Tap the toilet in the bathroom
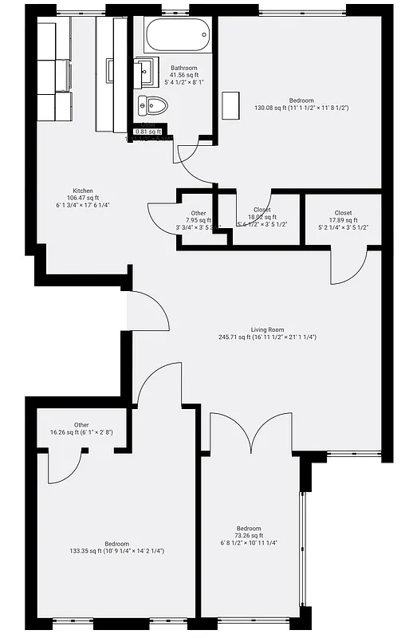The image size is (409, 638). [155, 104]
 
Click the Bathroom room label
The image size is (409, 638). [184, 68]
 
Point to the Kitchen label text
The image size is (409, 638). [83, 191]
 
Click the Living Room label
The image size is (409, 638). [268, 329]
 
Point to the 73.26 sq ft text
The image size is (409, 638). [248, 536]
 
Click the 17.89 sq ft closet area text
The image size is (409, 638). [344, 221]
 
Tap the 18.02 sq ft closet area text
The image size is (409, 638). [262, 217]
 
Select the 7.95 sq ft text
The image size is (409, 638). [199, 220]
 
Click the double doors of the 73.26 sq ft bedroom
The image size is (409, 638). [251, 435]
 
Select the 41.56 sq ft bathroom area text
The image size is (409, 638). [184, 75]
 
